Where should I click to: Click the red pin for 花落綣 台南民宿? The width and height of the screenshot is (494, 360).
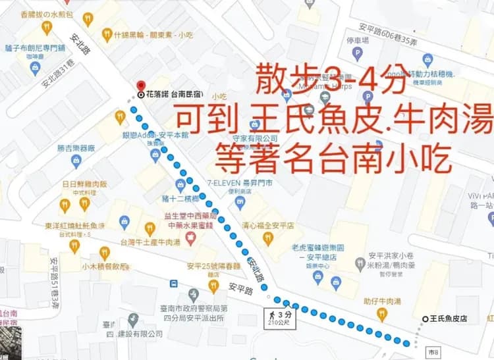click(140, 86)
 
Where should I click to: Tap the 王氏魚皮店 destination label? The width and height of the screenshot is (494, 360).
click(452, 319)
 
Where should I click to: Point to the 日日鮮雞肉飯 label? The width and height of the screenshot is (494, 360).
click(84, 184)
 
